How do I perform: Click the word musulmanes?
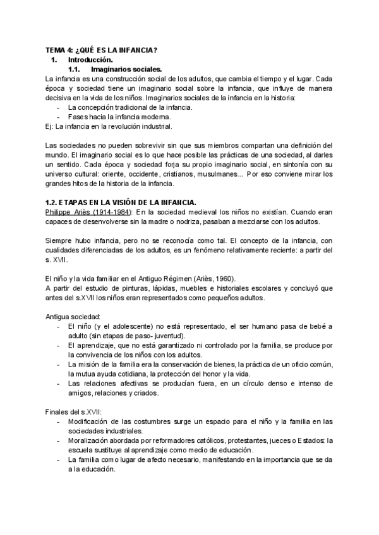click(x=217, y=173)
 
